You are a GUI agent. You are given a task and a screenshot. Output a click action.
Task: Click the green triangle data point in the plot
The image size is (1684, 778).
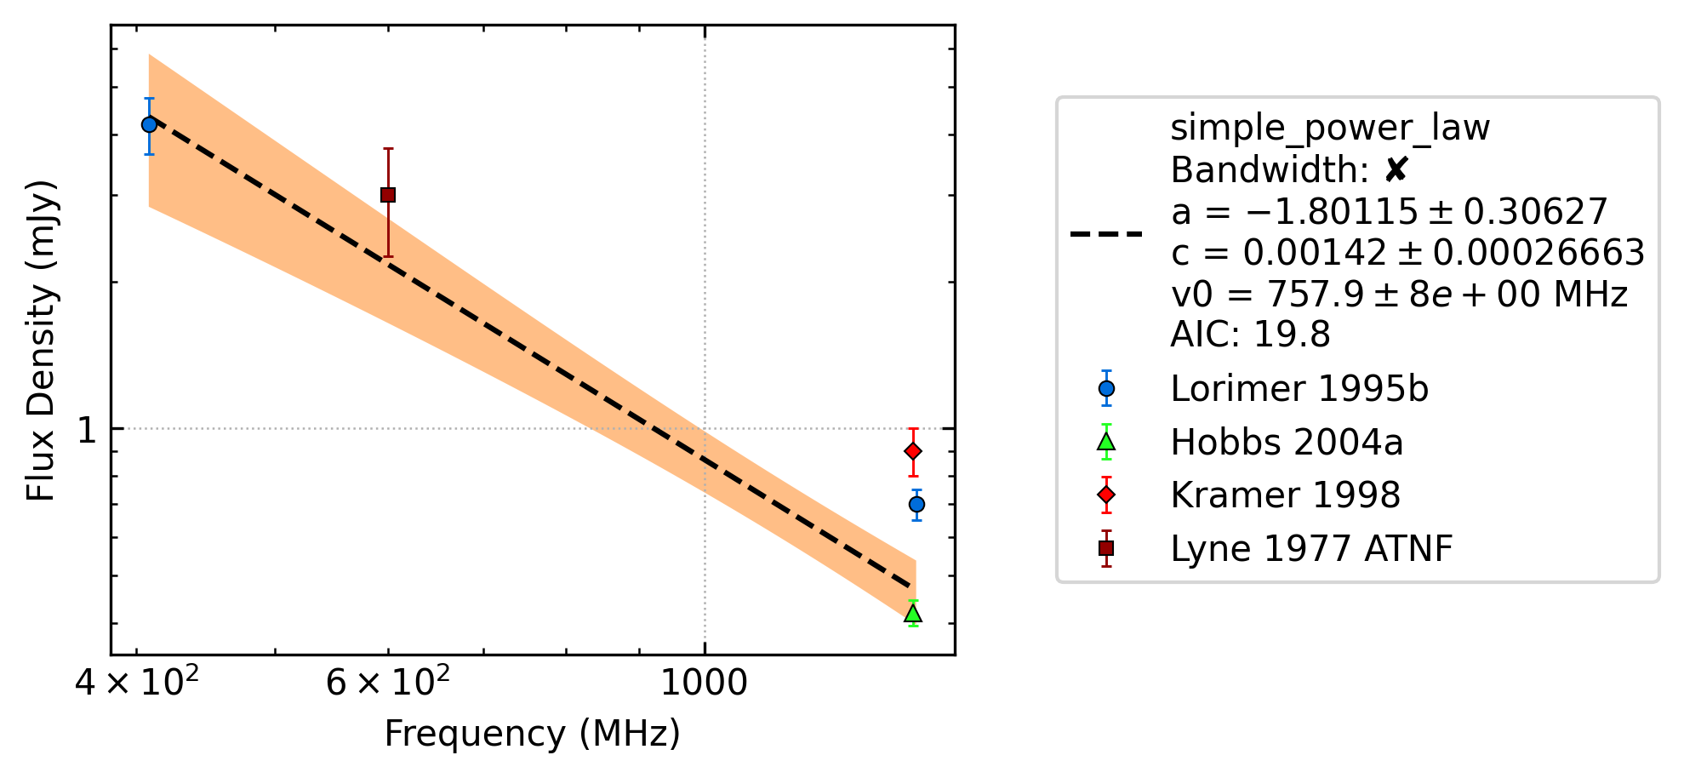[913, 614]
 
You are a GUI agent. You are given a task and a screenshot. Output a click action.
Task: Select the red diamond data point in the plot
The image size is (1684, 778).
[913, 451]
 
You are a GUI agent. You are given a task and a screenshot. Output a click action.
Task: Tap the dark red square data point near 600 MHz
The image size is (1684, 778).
[388, 195]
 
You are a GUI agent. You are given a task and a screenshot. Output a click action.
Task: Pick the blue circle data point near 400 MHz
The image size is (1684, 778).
[149, 124]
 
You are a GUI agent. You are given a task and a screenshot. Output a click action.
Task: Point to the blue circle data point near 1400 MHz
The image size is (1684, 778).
[916, 505]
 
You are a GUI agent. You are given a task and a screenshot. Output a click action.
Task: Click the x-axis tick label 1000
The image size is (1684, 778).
[704, 683]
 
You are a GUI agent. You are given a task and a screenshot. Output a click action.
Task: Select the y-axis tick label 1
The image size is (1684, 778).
[87, 429]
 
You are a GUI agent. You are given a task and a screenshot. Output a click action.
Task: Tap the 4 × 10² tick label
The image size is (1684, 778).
[137, 681]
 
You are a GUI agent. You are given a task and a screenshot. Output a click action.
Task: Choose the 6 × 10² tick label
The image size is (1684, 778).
[388, 681]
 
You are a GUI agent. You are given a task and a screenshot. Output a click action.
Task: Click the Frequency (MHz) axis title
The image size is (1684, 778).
[533, 734]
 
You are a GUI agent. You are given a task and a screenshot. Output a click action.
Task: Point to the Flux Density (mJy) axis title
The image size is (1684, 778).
[41, 340]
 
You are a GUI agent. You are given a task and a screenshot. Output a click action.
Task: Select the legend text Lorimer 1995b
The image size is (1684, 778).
[1299, 389]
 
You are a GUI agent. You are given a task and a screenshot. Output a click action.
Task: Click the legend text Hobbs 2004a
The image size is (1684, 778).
[1287, 443]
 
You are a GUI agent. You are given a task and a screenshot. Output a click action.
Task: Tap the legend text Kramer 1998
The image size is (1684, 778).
[1285, 495]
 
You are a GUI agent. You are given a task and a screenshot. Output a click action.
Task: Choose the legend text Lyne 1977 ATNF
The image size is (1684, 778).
[1311, 549]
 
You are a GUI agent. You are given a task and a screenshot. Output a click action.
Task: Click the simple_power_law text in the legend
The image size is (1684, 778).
[1330, 129]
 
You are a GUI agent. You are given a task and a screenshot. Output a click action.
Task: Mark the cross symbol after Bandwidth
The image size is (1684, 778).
[1396, 170]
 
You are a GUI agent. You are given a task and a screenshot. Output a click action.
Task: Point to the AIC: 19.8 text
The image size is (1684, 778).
[1250, 335]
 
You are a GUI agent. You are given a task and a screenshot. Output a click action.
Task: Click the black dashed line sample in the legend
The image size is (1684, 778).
[1106, 233]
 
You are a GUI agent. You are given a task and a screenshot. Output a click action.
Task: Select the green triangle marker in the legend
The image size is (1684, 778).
[1106, 442]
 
